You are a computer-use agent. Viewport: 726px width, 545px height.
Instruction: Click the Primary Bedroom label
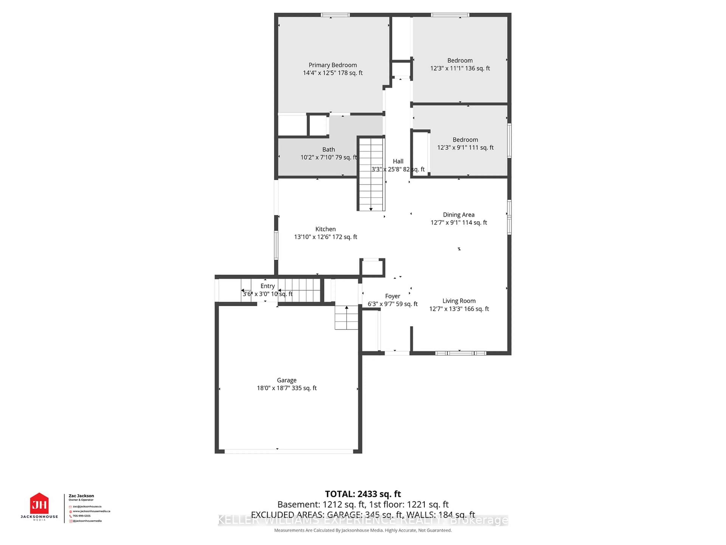pyautogui.click(x=333, y=65)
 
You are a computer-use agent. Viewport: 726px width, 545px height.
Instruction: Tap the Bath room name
pyautogui.click(x=329, y=149)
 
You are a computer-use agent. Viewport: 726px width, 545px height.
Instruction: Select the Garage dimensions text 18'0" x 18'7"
pyautogui.click(x=287, y=388)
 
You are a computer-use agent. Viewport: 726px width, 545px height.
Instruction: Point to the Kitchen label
pyautogui.click(x=325, y=229)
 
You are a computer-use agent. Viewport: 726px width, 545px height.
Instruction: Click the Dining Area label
pyautogui.click(x=458, y=215)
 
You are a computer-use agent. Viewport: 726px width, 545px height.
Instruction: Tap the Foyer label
pyautogui.click(x=392, y=296)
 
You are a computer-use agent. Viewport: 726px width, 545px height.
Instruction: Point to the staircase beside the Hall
pyautogui.click(x=371, y=174)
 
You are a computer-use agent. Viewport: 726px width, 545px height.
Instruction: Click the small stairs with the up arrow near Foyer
pyautogui.click(x=346, y=318)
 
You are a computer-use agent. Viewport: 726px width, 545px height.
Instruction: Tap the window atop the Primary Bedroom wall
pyautogui.click(x=335, y=15)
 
